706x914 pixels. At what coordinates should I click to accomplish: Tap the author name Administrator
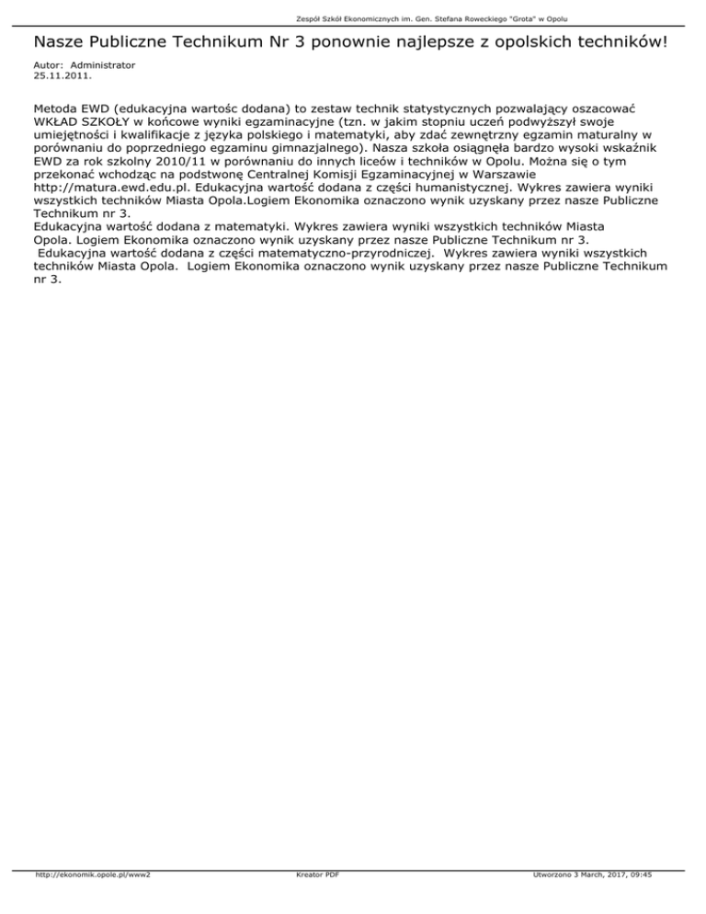pyautogui.click(x=102, y=65)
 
